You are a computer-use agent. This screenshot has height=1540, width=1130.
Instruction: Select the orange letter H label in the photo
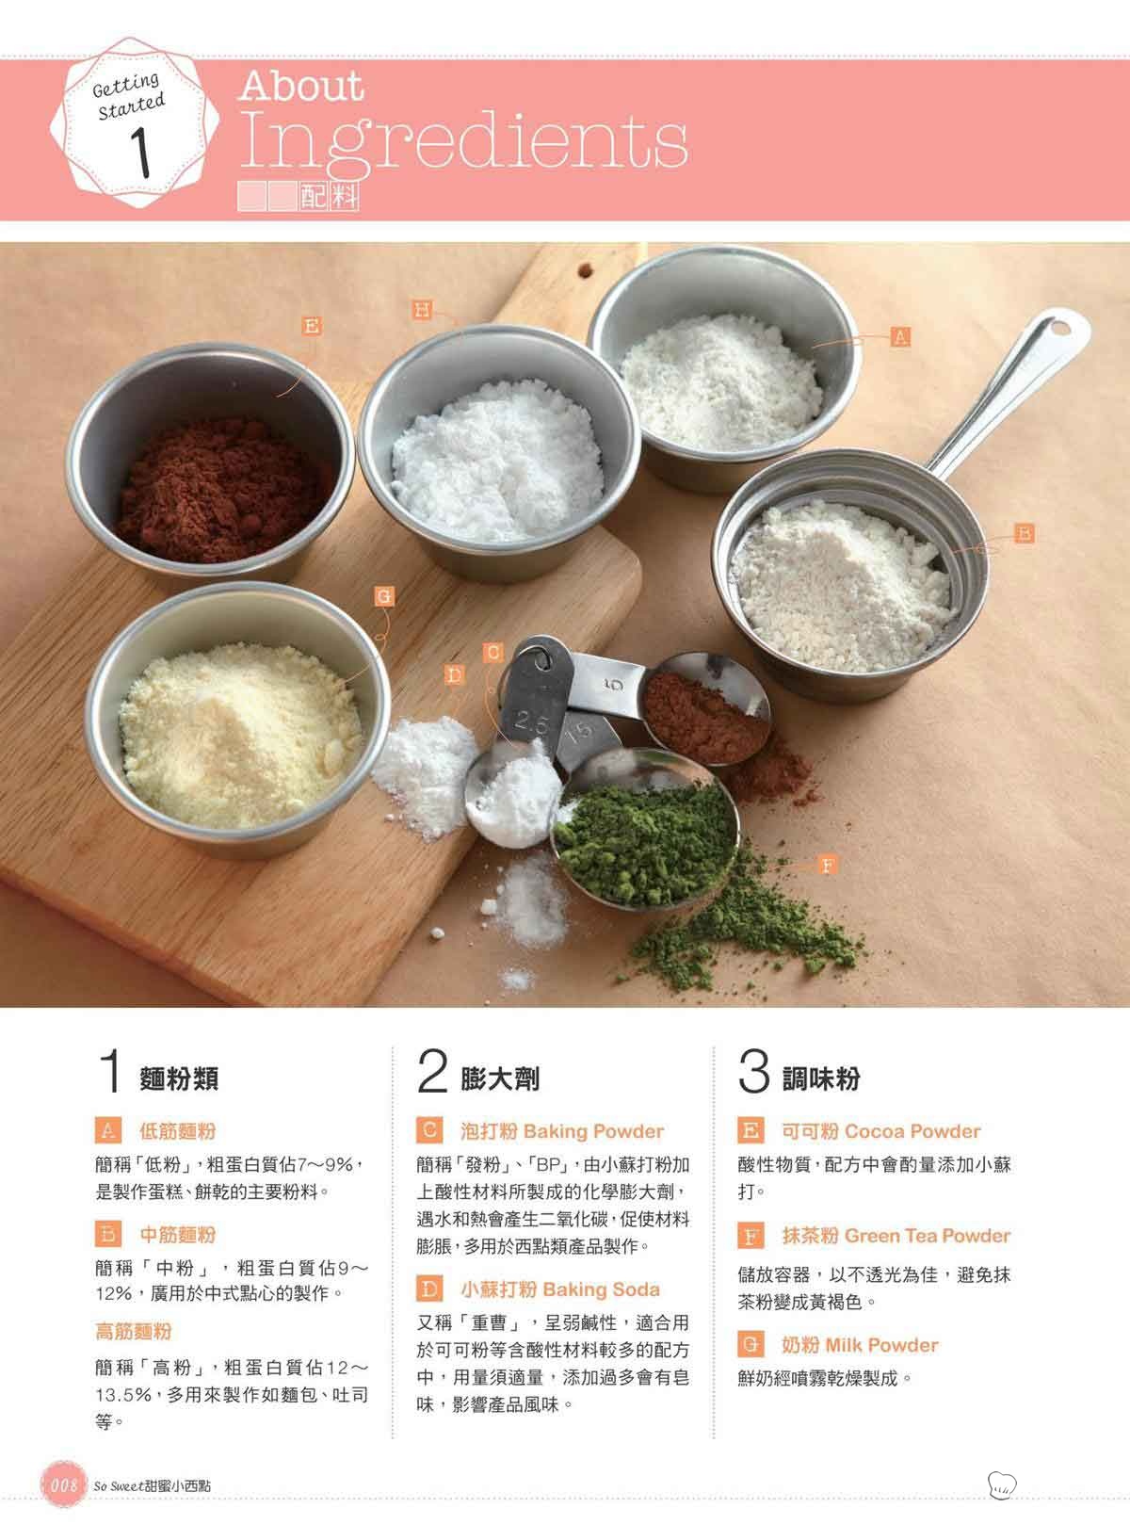point(422,309)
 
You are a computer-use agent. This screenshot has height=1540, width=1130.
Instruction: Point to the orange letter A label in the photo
point(900,337)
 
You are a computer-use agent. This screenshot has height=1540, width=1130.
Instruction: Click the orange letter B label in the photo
point(1025,533)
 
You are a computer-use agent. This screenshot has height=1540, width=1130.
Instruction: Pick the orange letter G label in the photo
point(384,597)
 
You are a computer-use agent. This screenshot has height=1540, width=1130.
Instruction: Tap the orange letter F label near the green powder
point(828,866)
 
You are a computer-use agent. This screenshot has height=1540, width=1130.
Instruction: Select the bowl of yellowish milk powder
point(237,721)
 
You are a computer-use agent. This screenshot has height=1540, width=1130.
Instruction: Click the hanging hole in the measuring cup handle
point(1059,328)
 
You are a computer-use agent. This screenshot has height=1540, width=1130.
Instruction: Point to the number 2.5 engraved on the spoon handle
point(531,721)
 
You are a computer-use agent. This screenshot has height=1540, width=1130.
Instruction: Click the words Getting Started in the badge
point(129,96)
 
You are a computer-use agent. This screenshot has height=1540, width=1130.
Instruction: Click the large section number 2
point(432,1070)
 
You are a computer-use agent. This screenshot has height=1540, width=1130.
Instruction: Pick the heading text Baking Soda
point(602,1289)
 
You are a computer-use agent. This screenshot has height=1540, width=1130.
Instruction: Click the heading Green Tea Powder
point(928,1236)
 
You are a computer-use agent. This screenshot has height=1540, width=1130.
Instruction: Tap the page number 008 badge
point(64,1484)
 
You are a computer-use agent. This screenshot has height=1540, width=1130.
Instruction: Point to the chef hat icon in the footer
point(1002,1484)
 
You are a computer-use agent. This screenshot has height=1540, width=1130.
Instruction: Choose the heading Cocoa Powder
point(912,1131)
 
